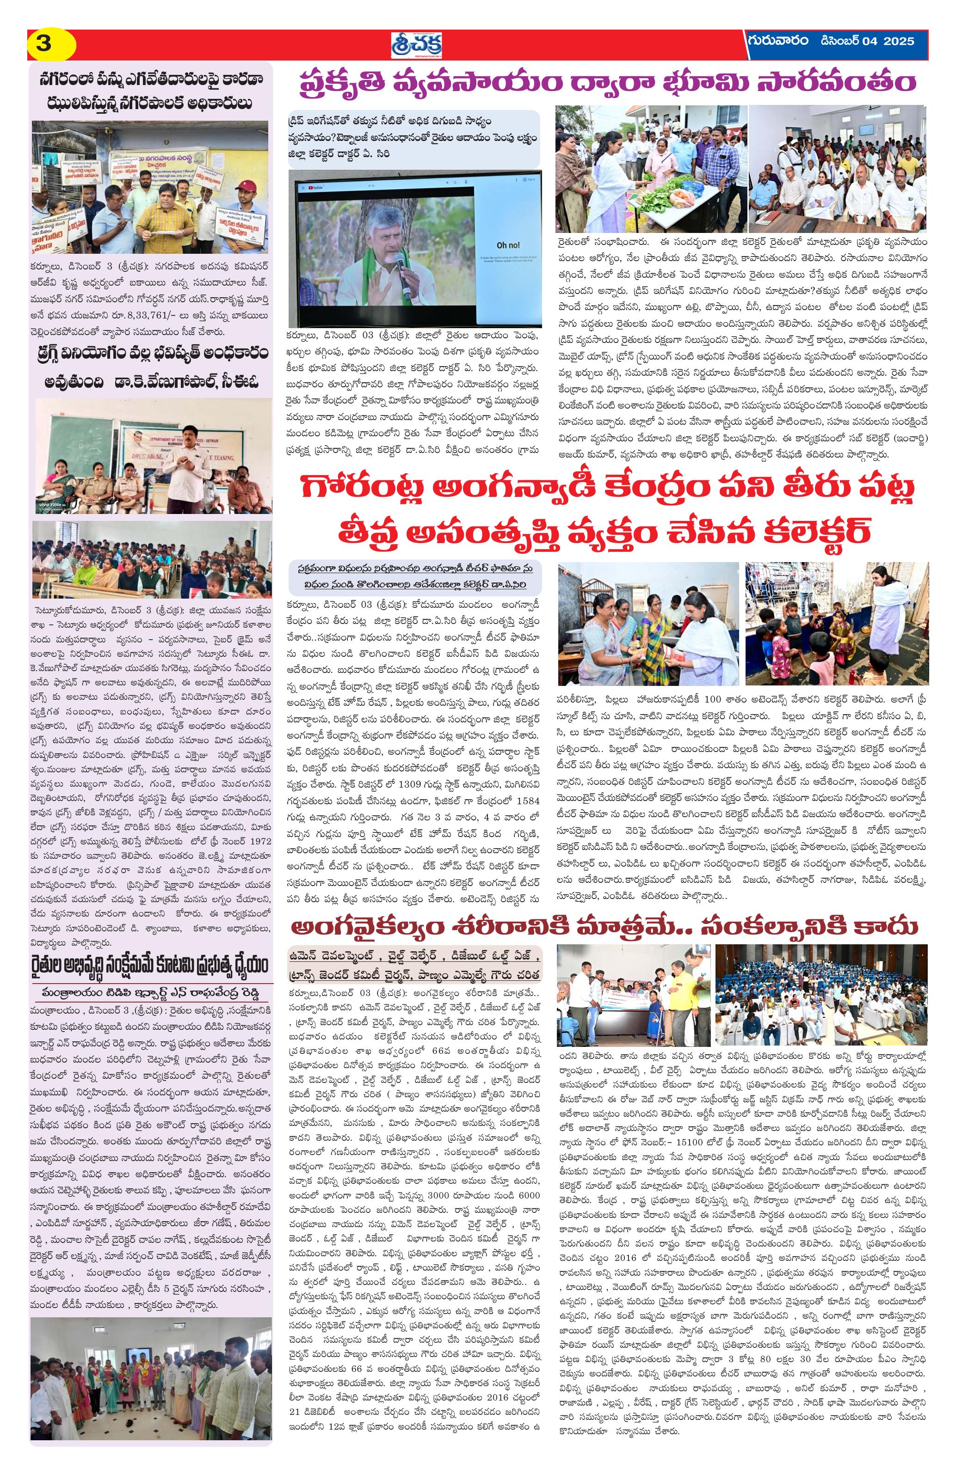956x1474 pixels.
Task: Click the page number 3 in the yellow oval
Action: point(44,44)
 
